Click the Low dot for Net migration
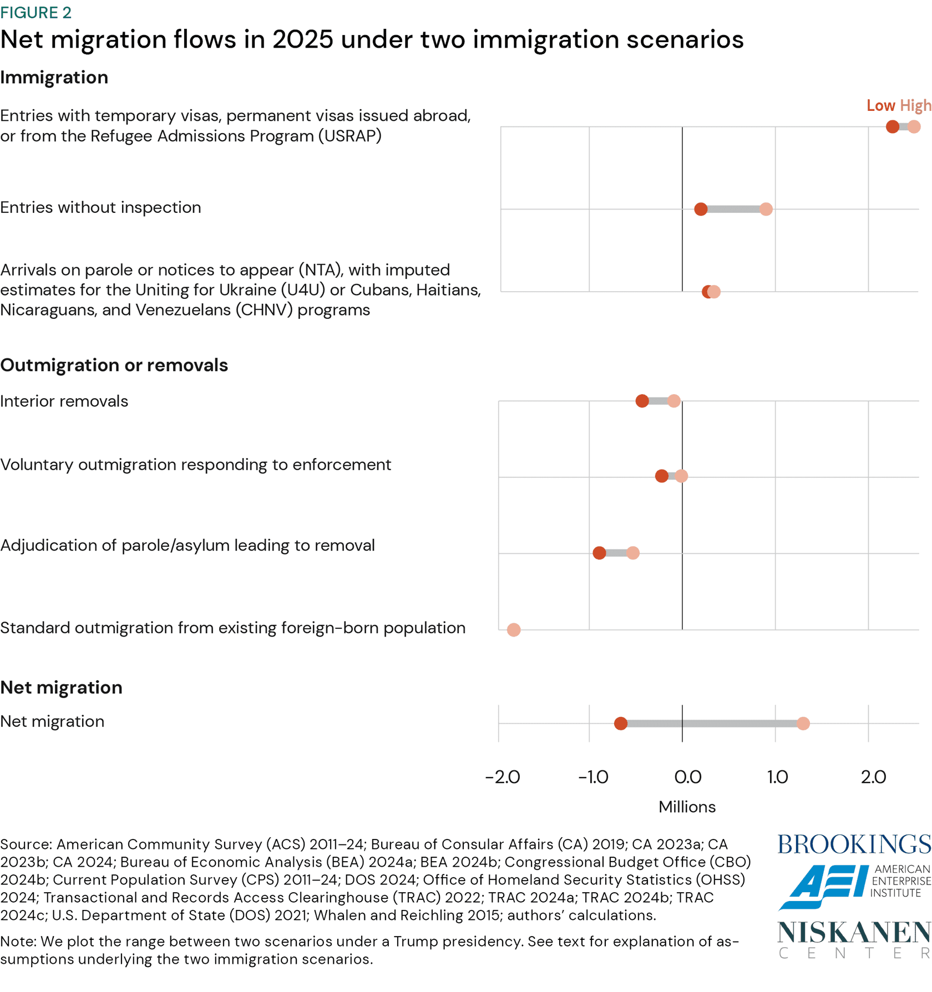pos(621,724)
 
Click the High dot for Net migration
pos(803,724)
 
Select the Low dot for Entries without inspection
pos(701,209)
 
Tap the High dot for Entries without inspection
pos(766,209)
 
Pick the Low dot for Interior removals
pos(642,401)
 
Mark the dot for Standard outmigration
pos(514,630)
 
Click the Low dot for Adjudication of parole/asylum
pos(599,553)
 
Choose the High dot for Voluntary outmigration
pos(682,476)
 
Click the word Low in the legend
pos(880,105)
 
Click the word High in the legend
pos(915,105)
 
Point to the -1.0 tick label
pos(593,777)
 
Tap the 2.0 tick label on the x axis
pos(873,777)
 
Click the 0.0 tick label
pos(687,777)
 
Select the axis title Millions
pos(687,807)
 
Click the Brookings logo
pos(854,845)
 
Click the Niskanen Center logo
pos(854,939)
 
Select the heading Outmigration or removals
pos(114,365)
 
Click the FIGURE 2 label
pos(36,13)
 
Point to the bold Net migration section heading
pos(61,688)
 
